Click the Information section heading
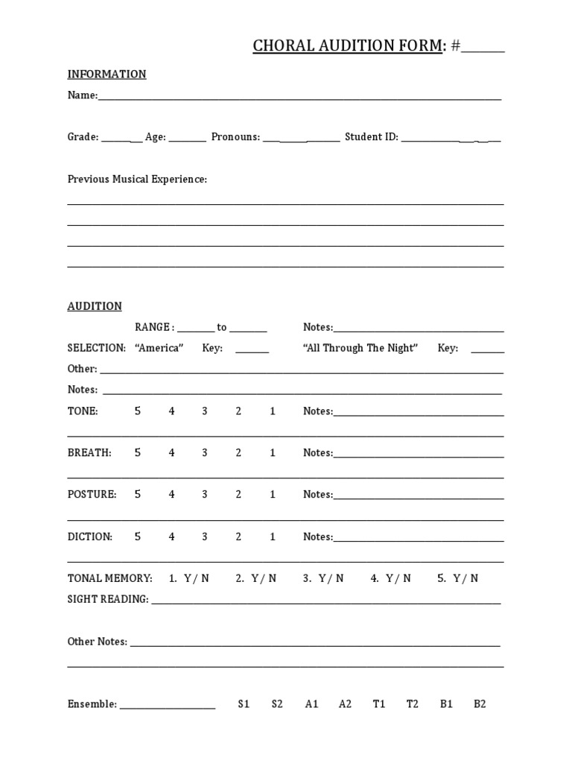click(x=107, y=74)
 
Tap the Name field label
click(x=82, y=95)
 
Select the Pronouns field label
click(x=235, y=137)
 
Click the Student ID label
click(x=371, y=137)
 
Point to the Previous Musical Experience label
click(x=137, y=180)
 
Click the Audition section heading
click(x=95, y=306)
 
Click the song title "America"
click(x=159, y=348)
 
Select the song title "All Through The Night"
click(x=360, y=348)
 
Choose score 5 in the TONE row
click(x=138, y=411)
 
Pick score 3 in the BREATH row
click(x=205, y=453)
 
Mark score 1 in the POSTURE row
click(x=273, y=495)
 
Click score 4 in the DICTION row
click(x=171, y=536)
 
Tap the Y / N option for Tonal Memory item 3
click(x=331, y=578)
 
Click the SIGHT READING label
click(x=108, y=599)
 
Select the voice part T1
click(x=379, y=704)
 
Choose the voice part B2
click(x=480, y=704)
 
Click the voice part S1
click(x=244, y=704)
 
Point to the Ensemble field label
click(x=92, y=704)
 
